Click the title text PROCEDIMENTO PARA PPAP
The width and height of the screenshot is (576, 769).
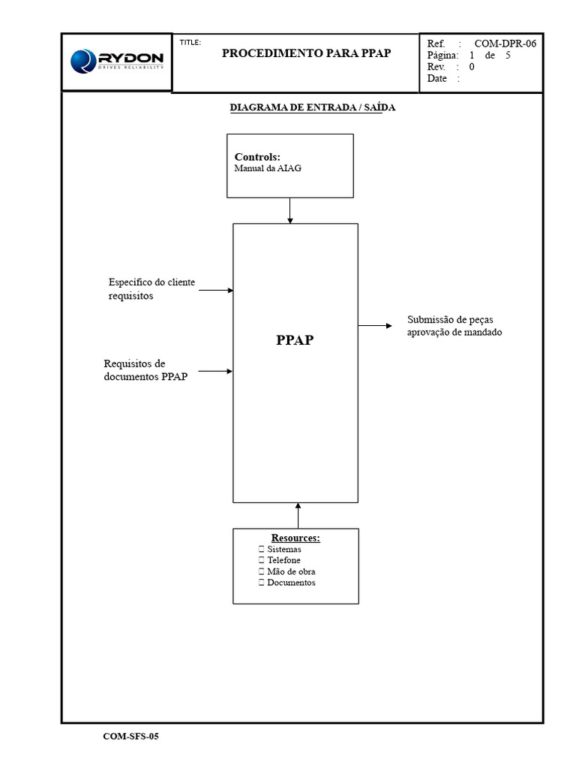pyautogui.click(x=306, y=54)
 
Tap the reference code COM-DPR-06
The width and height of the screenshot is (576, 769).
pyautogui.click(x=505, y=44)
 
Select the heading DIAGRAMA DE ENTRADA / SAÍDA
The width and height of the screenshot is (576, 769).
pyautogui.click(x=312, y=107)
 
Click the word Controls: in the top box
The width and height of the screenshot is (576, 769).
pyautogui.click(x=257, y=157)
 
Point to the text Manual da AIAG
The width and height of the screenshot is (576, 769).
pyautogui.click(x=268, y=169)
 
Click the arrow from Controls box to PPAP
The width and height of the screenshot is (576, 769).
pyautogui.click(x=290, y=211)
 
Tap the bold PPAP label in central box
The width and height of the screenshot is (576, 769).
pyautogui.click(x=295, y=339)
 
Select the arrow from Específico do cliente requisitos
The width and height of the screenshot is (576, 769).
pyautogui.click(x=216, y=290)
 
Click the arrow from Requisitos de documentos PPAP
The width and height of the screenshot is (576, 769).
pyautogui.click(x=216, y=370)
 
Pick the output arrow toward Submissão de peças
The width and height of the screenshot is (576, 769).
pyautogui.click(x=375, y=325)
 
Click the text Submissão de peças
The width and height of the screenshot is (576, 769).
pyautogui.click(x=450, y=319)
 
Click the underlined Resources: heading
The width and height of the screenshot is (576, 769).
pyautogui.click(x=295, y=538)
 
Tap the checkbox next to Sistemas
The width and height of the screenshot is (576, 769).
pyautogui.click(x=261, y=550)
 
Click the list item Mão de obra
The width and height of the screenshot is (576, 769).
pyautogui.click(x=291, y=571)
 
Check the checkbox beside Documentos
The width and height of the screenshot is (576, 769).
pyautogui.click(x=261, y=583)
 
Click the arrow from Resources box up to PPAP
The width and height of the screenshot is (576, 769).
pyautogui.click(x=298, y=516)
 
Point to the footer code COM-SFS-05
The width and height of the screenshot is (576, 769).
pyautogui.click(x=130, y=736)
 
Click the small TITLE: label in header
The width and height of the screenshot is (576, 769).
pyautogui.click(x=190, y=43)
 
